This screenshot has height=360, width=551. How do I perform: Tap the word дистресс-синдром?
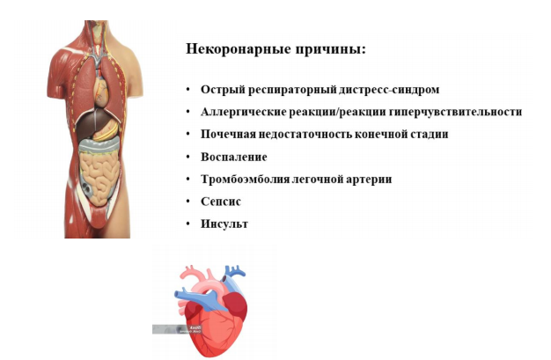coord(389,90)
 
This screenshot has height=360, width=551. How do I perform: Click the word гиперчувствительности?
coord(455,112)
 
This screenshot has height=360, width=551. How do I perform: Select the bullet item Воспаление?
coord(233,157)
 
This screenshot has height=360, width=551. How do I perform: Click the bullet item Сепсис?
coord(221,202)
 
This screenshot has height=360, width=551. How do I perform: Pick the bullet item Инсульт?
coord(224,224)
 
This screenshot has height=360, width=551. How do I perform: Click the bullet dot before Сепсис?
coord(188,202)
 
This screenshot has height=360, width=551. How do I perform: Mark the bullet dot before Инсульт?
coord(188,224)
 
